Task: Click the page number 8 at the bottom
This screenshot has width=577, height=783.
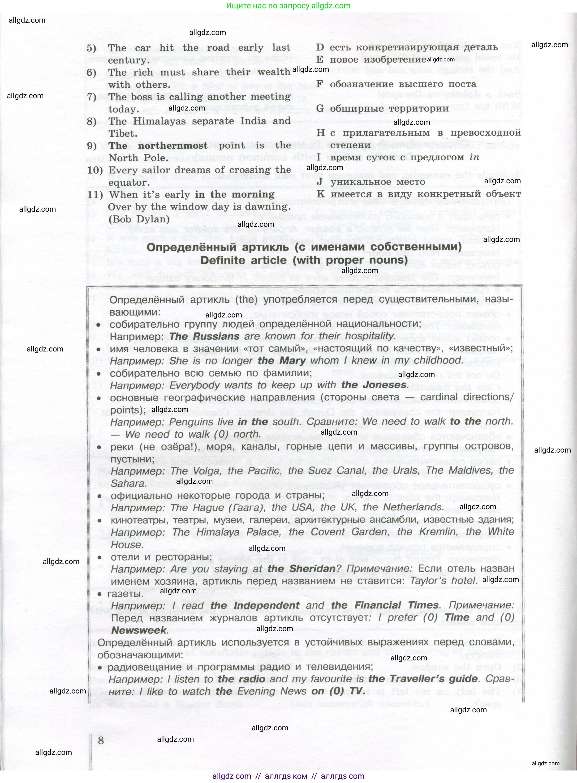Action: click(x=101, y=740)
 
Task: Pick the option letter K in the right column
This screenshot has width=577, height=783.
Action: click(x=321, y=194)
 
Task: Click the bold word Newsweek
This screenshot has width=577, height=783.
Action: click(x=139, y=630)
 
